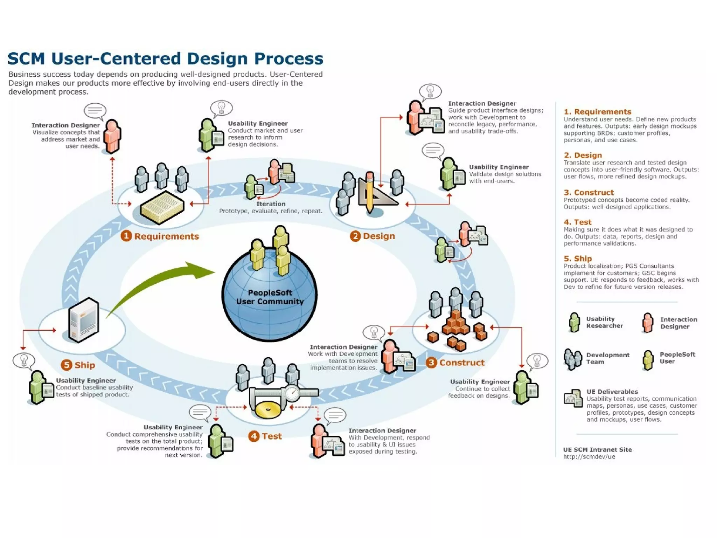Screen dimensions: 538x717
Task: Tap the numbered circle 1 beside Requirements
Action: click(126, 236)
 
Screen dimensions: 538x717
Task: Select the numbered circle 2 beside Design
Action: click(355, 236)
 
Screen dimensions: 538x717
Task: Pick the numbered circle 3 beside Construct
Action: click(431, 362)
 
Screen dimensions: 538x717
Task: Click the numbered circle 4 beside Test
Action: click(253, 436)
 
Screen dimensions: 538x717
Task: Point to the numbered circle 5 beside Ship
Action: click(66, 365)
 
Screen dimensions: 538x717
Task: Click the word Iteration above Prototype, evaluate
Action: click(271, 204)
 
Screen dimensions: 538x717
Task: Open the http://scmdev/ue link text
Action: click(589, 457)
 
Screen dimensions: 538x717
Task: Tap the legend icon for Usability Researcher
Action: click(574, 322)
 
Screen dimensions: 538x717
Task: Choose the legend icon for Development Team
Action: click(573, 359)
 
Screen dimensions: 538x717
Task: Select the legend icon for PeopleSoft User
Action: click(648, 360)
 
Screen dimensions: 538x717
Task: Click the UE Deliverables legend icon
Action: click(573, 399)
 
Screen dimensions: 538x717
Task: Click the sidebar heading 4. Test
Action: click(577, 222)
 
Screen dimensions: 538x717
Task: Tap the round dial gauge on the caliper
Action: click(292, 393)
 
